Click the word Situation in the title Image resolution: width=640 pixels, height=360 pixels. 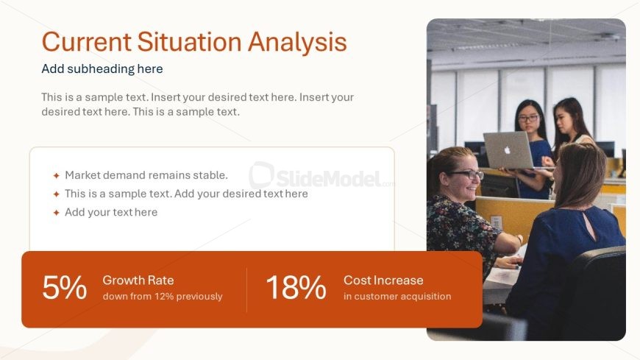(189, 42)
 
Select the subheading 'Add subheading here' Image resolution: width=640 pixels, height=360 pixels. (102, 68)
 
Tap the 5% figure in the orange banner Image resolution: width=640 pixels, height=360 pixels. (65, 287)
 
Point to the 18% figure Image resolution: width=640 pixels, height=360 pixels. (296, 287)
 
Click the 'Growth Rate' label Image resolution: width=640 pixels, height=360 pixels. (138, 280)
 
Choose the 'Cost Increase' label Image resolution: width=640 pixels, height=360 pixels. (383, 280)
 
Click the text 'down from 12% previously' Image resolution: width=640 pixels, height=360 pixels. (163, 296)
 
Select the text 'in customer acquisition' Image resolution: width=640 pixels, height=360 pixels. (397, 296)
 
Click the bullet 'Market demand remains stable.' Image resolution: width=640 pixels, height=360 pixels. (146, 175)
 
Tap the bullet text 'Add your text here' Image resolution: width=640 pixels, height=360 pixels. (111, 212)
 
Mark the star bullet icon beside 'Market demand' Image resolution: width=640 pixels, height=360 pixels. (57, 176)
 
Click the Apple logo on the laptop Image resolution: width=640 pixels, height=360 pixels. (508, 150)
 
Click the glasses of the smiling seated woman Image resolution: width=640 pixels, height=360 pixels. (467, 174)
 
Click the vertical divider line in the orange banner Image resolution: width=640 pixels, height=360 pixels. (246, 290)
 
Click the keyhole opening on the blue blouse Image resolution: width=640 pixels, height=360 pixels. (589, 225)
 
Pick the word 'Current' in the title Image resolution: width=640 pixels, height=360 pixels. (87, 42)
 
